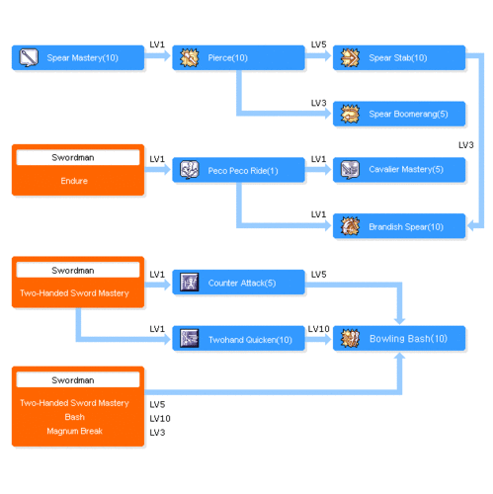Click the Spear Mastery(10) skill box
coord(78,58)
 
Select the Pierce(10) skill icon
coord(190,58)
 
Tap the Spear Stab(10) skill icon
coord(350,58)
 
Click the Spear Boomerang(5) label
coord(408,114)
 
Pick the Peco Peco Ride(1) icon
coord(190,170)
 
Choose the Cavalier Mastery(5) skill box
coord(399,170)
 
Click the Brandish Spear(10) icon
coord(350,226)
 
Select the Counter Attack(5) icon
coord(190,283)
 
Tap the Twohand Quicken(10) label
coord(250,340)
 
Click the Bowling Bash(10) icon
coord(350,338)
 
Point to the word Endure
coord(74,181)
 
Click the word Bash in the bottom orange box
coord(75,417)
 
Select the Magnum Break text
coord(75,431)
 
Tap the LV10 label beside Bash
coord(160,419)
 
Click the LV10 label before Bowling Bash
coord(319,329)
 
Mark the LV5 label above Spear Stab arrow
coord(319,44)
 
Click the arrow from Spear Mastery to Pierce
coord(157,55)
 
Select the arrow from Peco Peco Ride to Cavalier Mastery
coord(318,170)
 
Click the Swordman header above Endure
coord(73,157)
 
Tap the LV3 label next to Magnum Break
coord(157,433)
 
